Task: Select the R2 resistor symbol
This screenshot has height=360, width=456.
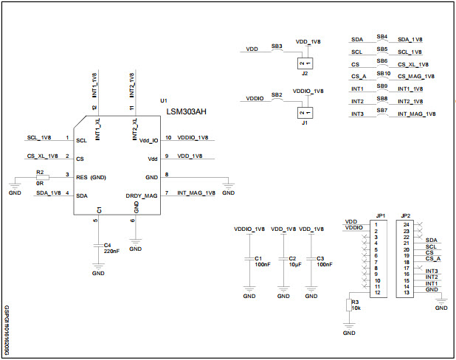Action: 41,178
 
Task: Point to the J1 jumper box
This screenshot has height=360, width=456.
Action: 303,112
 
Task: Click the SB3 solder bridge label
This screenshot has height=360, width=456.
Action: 277,46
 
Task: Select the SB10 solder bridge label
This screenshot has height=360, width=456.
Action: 382,74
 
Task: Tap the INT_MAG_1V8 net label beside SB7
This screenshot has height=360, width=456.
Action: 417,114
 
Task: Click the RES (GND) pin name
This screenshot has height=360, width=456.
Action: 91,177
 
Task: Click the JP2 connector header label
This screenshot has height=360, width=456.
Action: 405,216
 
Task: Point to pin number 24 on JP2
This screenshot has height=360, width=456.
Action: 405,224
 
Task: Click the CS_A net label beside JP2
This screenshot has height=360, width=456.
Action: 433,259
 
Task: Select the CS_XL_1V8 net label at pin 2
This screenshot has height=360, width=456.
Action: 42,156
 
